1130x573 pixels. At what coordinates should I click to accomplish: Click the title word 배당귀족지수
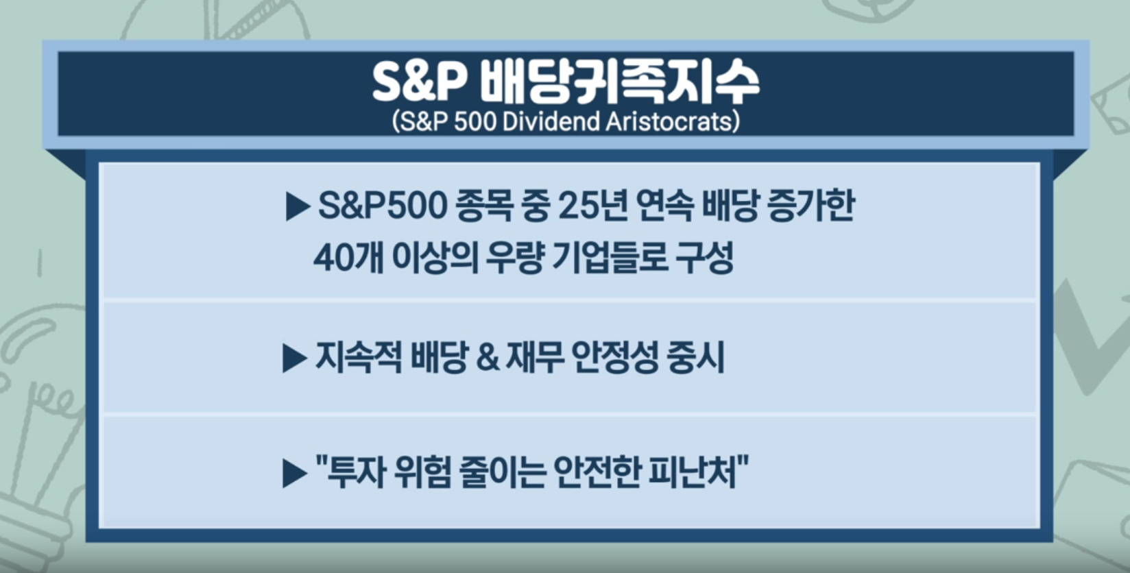[619, 83]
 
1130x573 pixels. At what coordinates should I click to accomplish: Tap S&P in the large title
[419, 82]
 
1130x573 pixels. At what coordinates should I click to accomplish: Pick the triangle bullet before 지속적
[295, 358]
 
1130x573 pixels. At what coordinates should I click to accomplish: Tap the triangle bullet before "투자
[295, 474]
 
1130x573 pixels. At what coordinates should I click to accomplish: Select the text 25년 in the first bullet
[593, 206]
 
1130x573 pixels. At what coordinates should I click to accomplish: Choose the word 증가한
[811, 206]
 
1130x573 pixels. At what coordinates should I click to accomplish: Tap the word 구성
[705, 258]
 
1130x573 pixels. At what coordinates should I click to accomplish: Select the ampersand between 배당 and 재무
[488, 358]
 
